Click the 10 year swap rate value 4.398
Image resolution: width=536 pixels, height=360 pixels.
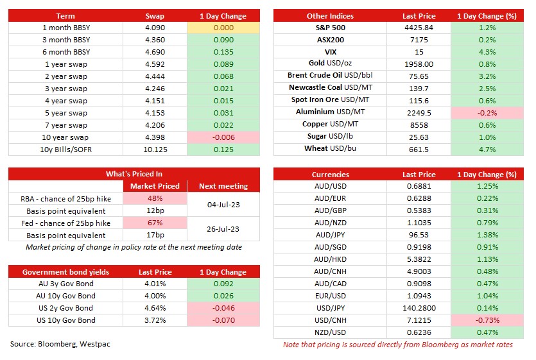click(x=155, y=137)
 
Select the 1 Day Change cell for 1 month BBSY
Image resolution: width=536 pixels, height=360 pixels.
click(x=223, y=28)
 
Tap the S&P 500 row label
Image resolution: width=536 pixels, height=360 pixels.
click(x=330, y=28)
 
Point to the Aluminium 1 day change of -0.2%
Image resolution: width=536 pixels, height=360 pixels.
click(x=487, y=113)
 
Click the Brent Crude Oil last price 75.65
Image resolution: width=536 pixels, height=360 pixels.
click(x=419, y=76)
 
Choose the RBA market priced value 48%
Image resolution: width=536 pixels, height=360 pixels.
click(x=155, y=198)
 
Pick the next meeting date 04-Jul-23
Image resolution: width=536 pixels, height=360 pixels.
click(x=223, y=205)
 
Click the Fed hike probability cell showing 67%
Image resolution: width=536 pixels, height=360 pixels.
click(x=155, y=223)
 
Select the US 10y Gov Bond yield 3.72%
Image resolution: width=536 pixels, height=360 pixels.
click(x=155, y=320)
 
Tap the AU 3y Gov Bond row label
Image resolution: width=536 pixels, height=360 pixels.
click(x=65, y=284)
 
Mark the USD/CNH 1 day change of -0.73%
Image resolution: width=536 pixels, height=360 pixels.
click(x=487, y=320)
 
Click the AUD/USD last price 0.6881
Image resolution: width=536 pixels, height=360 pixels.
click(x=419, y=186)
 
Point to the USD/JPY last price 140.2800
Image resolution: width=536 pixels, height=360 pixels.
click(x=419, y=308)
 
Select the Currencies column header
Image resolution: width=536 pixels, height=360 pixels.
click(x=330, y=175)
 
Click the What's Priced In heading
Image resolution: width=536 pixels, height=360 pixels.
click(x=134, y=174)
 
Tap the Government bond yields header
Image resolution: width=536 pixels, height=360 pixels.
click(x=65, y=272)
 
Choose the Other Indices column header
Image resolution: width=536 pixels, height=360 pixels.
click(x=330, y=16)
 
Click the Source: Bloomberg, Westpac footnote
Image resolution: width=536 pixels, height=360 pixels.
click(x=60, y=344)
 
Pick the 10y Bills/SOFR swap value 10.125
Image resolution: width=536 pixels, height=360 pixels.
click(x=155, y=150)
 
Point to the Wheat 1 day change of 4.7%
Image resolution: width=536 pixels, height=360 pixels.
click(x=487, y=150)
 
